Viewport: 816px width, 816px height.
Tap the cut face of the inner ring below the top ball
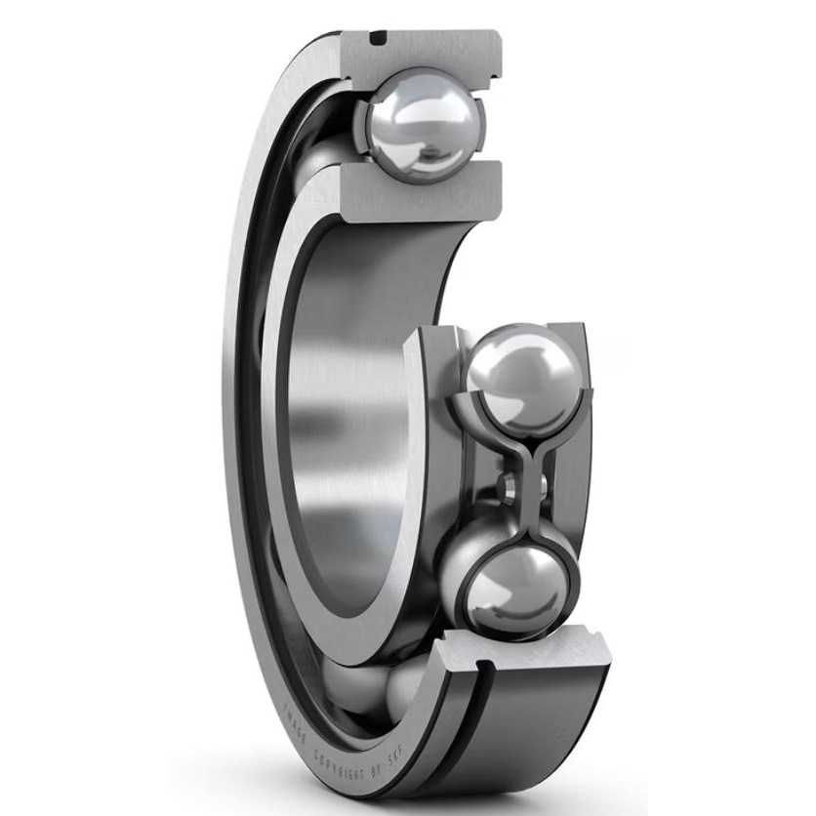coord(420,196)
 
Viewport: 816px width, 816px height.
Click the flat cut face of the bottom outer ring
coord(527,649)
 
